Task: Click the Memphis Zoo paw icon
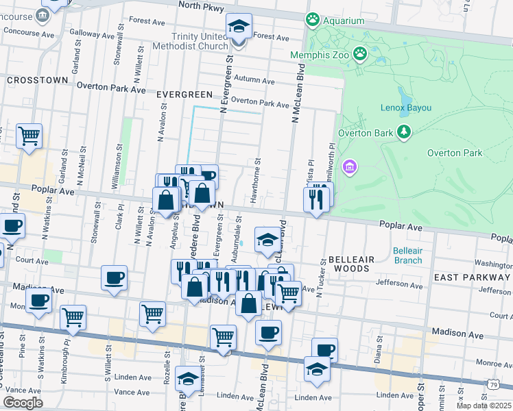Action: point(359,53)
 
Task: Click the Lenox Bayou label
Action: point(406,108)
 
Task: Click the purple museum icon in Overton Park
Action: point(350,166)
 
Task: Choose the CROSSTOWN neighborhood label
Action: point(37,80)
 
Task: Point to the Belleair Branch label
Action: point(408,256)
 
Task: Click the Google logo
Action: point(23,403)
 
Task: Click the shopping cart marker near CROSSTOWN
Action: point(29,136)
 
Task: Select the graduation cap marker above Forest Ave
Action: point(239,26)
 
